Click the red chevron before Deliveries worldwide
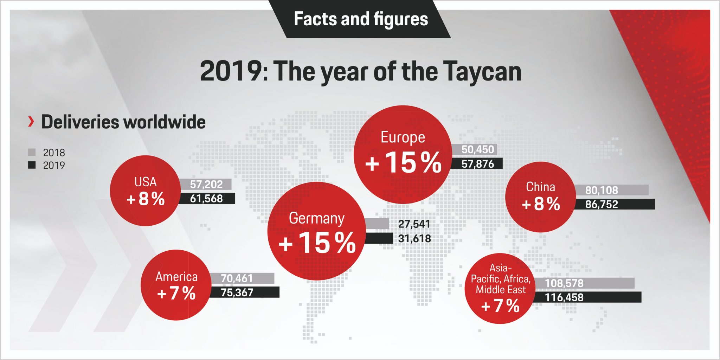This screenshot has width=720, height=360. [x=31, y=121]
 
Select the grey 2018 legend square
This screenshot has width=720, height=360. [x=32, y=152]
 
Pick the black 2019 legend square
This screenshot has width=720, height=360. [x=32, y=165]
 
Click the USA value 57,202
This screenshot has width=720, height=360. [x=206, y=184]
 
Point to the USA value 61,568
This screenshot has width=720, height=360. [x=206, y=199]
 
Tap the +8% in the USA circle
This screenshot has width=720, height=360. [x=146, y=199]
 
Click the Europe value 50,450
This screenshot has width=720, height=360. [x=478, y=149]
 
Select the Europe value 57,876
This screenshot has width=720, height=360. [x=478, y=164]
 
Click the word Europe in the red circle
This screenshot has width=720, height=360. [x=403, y=137]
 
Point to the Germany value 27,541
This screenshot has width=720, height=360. [x=414, y=224]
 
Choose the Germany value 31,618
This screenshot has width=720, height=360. [x=414, y=238]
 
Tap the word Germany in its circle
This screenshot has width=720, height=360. [x=317, y=218]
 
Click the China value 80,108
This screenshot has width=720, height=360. [x=602, y=190]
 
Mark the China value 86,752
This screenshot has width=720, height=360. [x=602, y=204]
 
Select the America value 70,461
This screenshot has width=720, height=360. [x=237, y=278]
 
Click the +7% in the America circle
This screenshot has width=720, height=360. [x=176, y=293]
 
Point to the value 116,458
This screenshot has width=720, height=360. [x=564, y=297]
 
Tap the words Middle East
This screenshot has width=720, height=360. [x=501, y=290]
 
